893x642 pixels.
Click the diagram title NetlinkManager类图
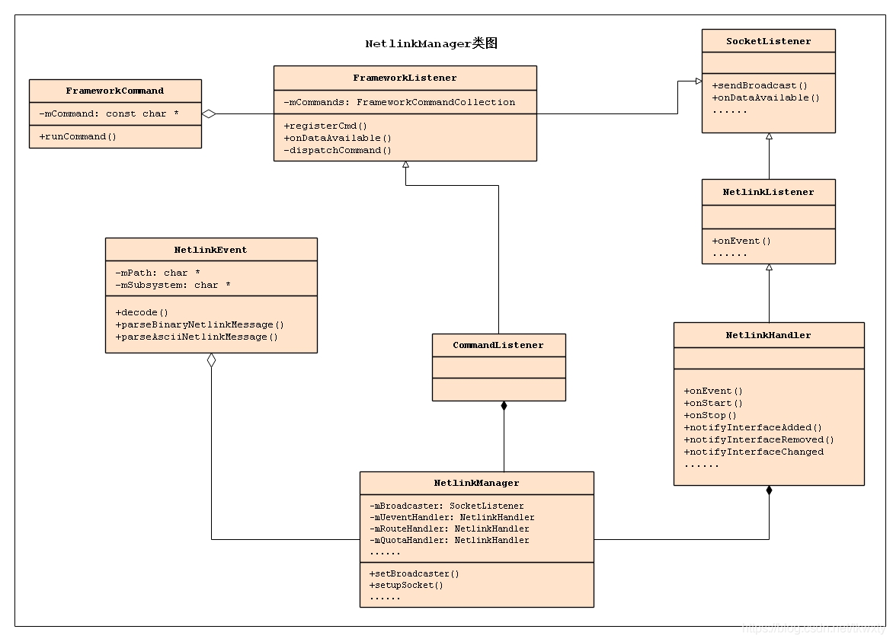point(431,43)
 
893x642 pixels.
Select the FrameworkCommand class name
point(115,91)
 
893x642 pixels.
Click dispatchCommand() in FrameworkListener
point(338,150)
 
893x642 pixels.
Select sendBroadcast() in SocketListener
point(760,85)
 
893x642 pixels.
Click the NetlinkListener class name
point(768,192)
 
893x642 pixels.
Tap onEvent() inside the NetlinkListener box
point(741,241)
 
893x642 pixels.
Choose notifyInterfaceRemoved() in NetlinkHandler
point(759,439)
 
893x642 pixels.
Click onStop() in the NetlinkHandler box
point(710,415)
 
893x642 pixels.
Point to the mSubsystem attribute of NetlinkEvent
point(173,285)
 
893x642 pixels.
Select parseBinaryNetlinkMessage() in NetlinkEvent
point(200,324)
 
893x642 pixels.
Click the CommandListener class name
point(498,345)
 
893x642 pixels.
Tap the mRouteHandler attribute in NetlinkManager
point(450,529)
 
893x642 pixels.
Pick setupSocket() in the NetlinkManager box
point(406,585)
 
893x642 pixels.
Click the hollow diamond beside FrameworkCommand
point(209,114)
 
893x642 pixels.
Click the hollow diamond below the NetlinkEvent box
point(211,361)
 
